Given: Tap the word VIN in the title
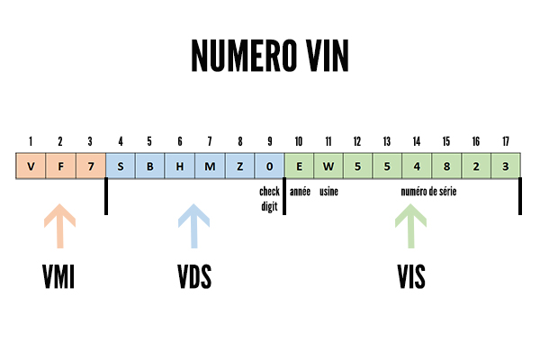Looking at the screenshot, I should point(320,56).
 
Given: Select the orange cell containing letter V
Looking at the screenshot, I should point(31,166).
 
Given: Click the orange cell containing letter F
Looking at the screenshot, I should point(60,166).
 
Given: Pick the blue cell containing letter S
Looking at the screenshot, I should point(121,166).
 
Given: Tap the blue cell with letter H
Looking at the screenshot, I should point(180,166).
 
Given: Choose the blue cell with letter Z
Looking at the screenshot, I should point(239,166).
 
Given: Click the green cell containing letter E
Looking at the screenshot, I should point(299,166).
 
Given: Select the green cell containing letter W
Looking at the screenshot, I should point(328,166).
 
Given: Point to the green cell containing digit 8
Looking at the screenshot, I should point(446,166).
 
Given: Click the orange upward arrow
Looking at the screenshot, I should point(60,225).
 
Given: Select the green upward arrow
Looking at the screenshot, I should point(411,225).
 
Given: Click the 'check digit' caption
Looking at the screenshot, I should point(269,198).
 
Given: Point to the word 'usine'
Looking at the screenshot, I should point(328,192).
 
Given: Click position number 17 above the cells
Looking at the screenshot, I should point(506,141).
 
